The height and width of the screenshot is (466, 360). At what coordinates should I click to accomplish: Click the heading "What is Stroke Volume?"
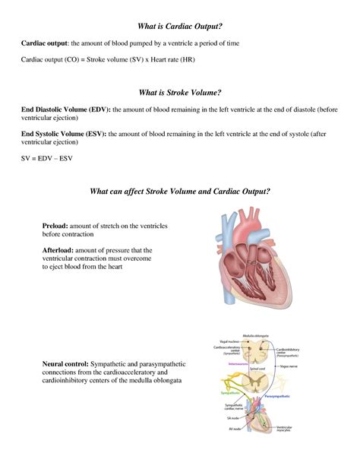coord(180,93)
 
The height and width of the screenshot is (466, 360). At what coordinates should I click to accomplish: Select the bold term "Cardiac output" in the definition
coord(45,43)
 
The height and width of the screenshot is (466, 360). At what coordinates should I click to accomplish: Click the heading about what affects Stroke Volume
coord(180,191)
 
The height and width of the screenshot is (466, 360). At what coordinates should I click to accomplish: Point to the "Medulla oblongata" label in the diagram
coord(259,335)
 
